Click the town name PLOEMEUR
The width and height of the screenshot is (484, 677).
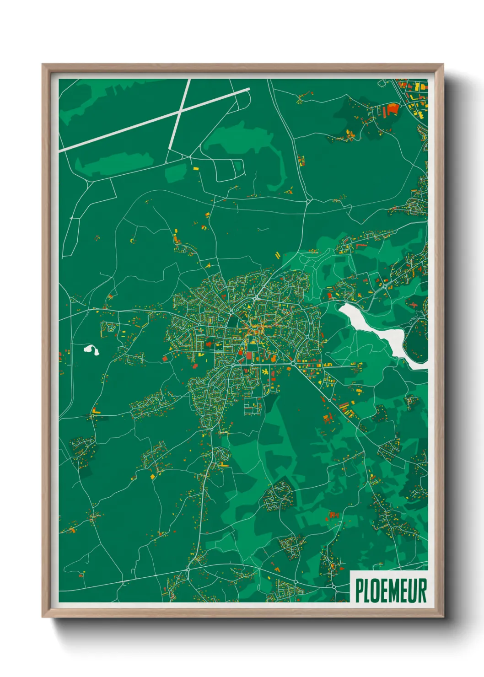point(391,591)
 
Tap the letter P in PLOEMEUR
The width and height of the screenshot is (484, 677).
point(359,591)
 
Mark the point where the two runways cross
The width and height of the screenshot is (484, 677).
point(182,110)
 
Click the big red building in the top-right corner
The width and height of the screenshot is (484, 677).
point(393,110)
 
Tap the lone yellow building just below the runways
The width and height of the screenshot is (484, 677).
point(196,169)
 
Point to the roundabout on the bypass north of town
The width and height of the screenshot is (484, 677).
point(308,200)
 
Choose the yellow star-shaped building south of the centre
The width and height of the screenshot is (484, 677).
point(264,371)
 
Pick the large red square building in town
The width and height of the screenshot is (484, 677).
point(249,355)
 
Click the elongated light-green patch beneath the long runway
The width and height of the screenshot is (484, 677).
point(114,162)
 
